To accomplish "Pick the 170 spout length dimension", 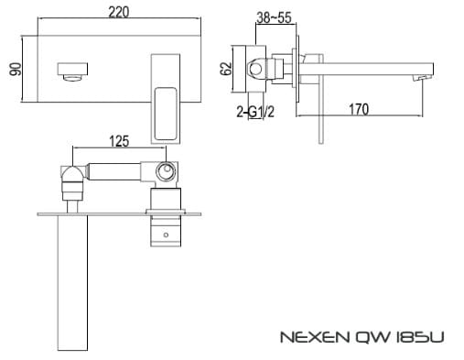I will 359,110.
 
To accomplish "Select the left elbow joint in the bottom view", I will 70,174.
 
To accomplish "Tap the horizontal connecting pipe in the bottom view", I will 114,170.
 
